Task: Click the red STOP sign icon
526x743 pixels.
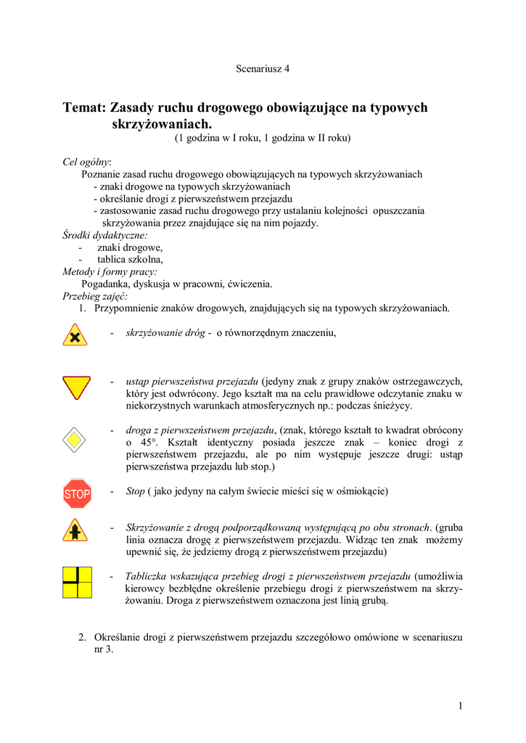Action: pyautogui.click(x=77, y=494)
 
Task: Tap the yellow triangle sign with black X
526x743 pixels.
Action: pyautogui.click(x=75, y=334)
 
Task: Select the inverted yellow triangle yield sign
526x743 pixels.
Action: pyautogui.click(x=76, y=387)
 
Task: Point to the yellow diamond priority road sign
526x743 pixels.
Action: pyautogui.click(x=76, y=439)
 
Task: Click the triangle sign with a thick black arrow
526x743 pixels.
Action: pyautogui.click(x=76, y=531)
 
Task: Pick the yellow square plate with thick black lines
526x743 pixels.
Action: pyautogui.click(x=77, y=583)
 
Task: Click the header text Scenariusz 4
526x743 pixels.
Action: pyautogui.click(x=263, y=69)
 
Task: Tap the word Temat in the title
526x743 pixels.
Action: pyautogui.click(x=84, y=108)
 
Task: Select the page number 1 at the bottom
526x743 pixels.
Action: pyautogui.click(x=460, y=705)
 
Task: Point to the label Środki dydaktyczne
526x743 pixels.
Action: pyautogui.click(x=104, y=235)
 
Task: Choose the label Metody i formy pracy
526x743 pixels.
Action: pyautogui.click(x=110, y=271)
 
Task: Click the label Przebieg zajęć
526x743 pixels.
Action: pyautogui.click(x=95, y=296)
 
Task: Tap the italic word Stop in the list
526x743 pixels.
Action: pyautogui.click(x=136, y=491)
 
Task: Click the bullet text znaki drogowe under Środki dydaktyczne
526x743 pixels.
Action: pyautogui.click(x=125, y=247)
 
